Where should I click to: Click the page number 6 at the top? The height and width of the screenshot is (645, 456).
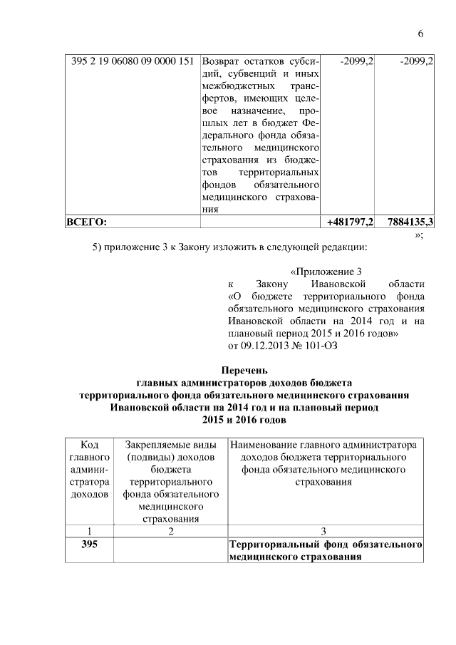(420, 34)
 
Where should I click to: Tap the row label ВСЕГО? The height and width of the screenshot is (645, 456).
(85, 222)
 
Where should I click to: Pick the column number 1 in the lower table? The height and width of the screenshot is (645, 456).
(90, 531)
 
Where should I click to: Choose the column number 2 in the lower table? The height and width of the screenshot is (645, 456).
(170, 531)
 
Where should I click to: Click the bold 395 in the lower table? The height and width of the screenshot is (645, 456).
(90, 545)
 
